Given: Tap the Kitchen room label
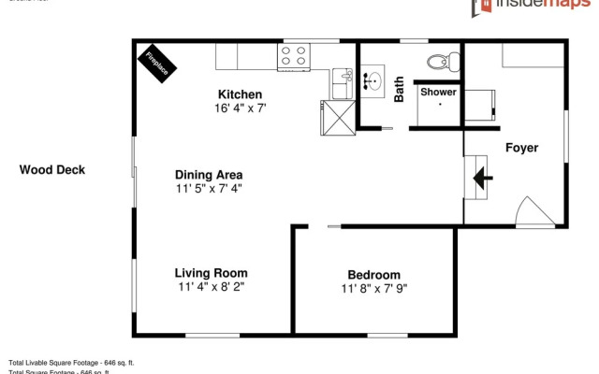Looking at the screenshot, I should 240,94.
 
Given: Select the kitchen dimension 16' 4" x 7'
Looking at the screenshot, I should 241,108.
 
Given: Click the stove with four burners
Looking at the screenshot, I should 293,57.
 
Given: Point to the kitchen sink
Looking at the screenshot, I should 341,83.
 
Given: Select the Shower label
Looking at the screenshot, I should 438,93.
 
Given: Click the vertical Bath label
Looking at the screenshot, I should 400,89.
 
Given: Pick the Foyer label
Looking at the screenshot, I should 521,148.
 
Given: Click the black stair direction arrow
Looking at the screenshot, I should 485,177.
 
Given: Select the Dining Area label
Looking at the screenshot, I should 210,175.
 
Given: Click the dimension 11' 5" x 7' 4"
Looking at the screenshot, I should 210,189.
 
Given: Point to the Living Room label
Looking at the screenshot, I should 211,273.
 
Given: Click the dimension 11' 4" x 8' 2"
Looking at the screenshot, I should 211,287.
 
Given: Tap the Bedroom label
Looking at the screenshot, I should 373,275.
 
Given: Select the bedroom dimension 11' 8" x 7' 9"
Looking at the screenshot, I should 373,288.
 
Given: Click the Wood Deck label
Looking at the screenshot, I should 52,170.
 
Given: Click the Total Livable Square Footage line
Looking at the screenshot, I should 72,362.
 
